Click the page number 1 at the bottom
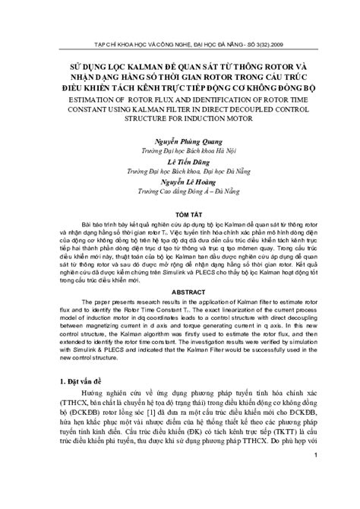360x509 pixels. click(x=316, y=498)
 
